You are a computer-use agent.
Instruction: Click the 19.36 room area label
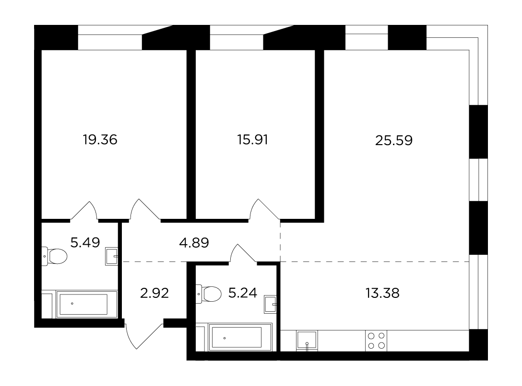tap(100, 140)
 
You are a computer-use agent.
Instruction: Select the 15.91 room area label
tap(253, 140)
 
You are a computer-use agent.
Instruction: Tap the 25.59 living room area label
tap(394, 140)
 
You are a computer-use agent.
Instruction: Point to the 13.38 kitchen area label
tap(382, 293)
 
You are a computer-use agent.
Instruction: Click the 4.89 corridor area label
tap(194, 243)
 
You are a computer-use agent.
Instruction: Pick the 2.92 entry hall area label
tap(154, 293)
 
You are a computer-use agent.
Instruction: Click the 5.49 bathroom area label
tap(85, 242)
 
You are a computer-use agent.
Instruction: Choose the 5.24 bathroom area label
tap(243, 293)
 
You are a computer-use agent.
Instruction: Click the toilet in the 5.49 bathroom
tap(55, 256)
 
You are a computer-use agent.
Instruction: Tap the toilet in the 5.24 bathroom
tap(209, 294)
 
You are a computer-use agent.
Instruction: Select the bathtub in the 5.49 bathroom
tap(87, 304)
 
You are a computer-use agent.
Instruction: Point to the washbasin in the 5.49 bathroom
tap(111, 256)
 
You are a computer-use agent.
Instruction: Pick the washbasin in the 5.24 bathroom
tap(271, 304)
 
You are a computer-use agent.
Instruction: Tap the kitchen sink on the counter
tap(307, 341)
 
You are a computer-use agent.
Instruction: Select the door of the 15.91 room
tap(264, 210)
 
